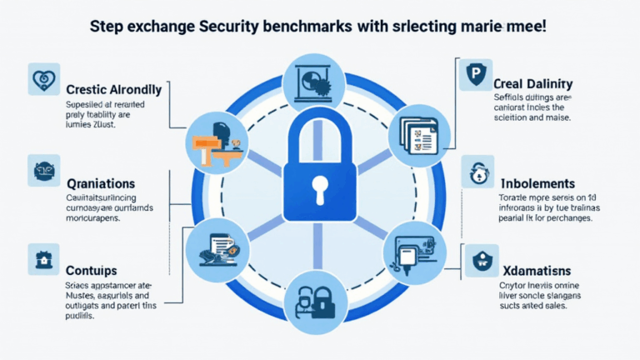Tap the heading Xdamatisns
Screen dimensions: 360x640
[537, 272]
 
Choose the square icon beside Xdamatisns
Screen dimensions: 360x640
[482, 260]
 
